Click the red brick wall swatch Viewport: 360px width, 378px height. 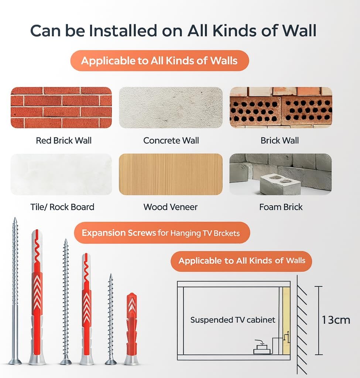point(61,107)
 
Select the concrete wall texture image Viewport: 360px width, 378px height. point(171,107)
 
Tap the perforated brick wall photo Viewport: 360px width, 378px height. point(281,107)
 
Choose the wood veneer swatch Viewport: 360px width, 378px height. point(171,174)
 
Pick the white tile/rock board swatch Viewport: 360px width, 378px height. point(61,174)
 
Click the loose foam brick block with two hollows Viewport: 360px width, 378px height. point(280,184)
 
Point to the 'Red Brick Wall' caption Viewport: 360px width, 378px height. point(64,141)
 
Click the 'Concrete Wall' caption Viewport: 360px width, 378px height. point(171,141)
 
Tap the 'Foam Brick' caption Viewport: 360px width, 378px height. point(281,207)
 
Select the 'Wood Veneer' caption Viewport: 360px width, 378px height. point(171,207)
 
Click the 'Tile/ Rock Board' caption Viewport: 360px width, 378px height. point(62,207)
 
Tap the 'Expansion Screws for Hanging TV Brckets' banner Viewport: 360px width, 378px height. point(162,233)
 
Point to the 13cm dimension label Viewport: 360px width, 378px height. point(336,320)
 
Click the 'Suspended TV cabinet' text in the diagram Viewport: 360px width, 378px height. point(233,320)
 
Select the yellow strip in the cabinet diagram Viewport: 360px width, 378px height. point(286,321)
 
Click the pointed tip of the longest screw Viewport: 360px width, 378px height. point(15,218)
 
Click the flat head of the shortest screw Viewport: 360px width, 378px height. point(111,361)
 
